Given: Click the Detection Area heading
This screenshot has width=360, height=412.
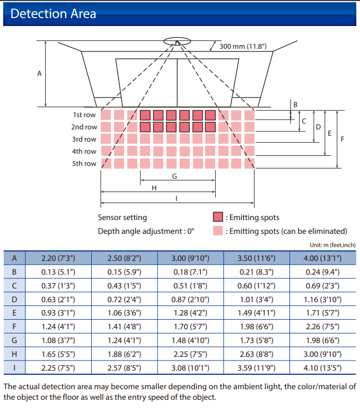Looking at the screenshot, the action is (54, 14).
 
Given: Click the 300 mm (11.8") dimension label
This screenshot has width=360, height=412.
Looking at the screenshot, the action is (243, 47).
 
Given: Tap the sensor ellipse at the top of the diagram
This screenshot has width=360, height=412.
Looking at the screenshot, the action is (177, 41).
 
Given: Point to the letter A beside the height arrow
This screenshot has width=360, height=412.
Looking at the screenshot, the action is (39, 74).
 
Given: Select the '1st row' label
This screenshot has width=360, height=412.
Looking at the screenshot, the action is (84, 115).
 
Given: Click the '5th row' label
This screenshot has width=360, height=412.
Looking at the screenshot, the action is (84, 163).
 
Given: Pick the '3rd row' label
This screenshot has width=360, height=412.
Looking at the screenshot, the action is (84, 139).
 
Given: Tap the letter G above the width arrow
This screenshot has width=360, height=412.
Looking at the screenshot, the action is (174, 176).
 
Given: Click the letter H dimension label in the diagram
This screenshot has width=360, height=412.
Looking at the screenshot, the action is (154, 188).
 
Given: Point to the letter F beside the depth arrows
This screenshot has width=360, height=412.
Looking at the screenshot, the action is (343, 139).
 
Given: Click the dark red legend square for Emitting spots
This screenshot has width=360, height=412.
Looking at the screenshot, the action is (218, 217).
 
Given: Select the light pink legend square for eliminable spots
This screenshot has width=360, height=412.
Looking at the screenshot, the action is (218, 231).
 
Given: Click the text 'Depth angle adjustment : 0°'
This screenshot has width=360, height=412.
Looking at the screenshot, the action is (146, 231).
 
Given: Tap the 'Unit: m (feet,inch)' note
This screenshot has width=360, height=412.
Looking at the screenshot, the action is (332, 245).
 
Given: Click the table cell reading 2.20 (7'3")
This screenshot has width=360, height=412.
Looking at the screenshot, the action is (58, 258).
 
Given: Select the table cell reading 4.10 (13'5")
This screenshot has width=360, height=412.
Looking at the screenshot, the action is (323, 368).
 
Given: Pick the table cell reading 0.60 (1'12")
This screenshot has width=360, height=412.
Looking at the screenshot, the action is (257, 286).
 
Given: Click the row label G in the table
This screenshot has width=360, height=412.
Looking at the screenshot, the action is (14, 340).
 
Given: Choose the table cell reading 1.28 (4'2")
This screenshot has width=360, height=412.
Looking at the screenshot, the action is (190, 313).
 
